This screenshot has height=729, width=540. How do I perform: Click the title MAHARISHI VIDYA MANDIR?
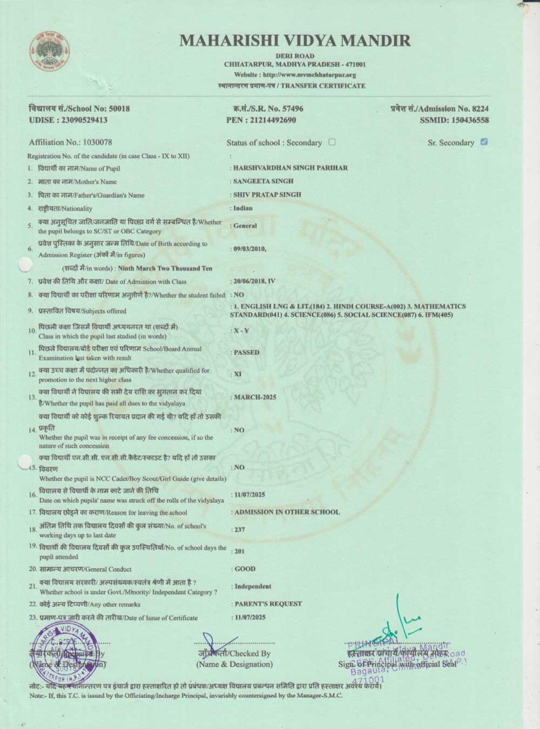click(295, 40)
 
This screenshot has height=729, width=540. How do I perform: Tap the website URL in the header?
click(295, 75)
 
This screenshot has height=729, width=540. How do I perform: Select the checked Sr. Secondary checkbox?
click(484, 142)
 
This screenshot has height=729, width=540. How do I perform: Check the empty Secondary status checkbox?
click(332, 142)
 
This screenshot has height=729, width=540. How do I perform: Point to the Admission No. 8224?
click(440, 109)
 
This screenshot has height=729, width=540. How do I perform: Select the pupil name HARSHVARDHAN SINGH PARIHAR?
click(290, 168)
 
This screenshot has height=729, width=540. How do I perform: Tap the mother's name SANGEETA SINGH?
click(263, 181)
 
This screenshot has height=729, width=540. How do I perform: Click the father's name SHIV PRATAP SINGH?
click(267, 194)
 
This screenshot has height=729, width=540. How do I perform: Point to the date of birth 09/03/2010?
click(249, 249)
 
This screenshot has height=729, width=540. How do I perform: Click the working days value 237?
click(239, 530)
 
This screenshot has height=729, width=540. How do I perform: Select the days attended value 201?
click(239, 551)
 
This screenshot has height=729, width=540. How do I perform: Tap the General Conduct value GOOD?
click(245, 569)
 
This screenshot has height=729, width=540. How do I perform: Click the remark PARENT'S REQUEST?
click(268, 604)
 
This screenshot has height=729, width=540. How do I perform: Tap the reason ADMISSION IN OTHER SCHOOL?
click(287, 512)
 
